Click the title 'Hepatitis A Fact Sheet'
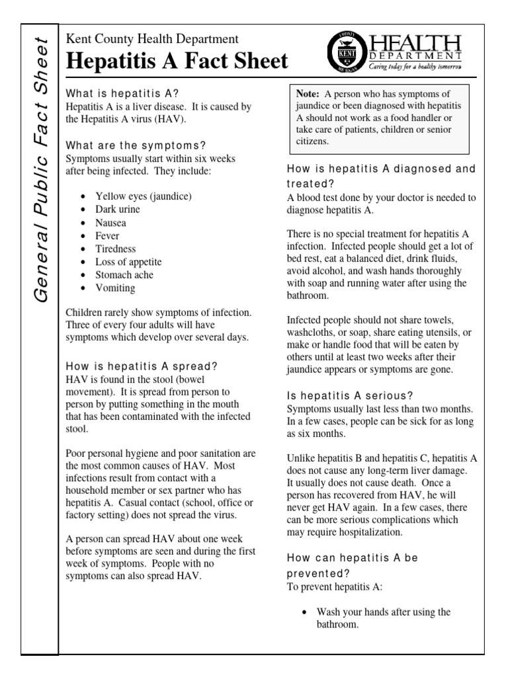(x=177, y=61)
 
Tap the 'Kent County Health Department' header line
(x=152, y=40)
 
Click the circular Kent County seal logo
(x=343, y=52)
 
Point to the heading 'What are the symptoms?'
(x=136, y=145)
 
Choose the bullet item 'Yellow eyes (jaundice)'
(x=144, y=196)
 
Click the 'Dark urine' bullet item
(x=119, y=210)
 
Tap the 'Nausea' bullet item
(x=110, y=223)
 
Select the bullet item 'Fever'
(x=107, y=236)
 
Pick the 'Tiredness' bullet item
(x=115, y=249)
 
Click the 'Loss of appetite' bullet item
(x=128, y=262)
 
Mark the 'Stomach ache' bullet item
(x=124, y=275)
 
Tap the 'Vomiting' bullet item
(x=115, y=288)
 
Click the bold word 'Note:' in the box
(x=309, y=95)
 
